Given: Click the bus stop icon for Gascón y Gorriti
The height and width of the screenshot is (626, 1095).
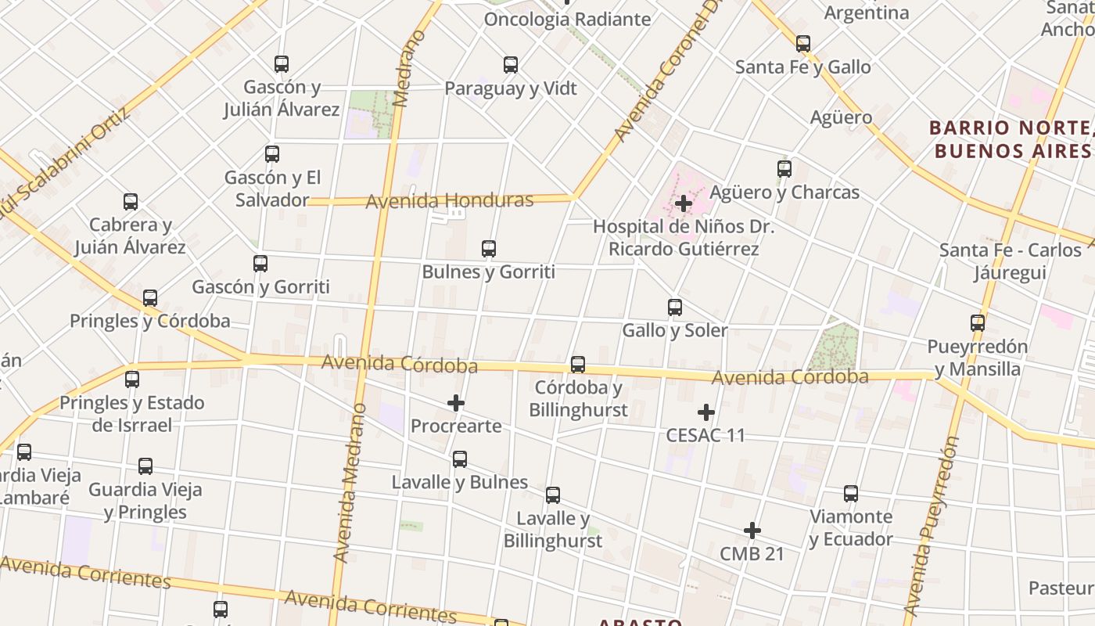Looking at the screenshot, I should [260, 264].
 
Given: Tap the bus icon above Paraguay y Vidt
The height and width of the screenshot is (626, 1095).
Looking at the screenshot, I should [511, 65].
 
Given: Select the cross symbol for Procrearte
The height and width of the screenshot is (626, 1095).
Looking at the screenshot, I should [456, 403].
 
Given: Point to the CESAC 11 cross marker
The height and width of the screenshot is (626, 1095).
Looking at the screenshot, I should [706, 412].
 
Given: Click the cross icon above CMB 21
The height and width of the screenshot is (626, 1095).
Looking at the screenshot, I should [752, 531].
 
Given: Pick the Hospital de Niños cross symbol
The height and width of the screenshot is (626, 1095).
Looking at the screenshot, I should [684, 203].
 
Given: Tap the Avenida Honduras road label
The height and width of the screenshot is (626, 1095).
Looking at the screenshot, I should [450, 201].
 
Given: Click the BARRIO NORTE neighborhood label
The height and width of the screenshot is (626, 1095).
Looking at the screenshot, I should [1011, 139].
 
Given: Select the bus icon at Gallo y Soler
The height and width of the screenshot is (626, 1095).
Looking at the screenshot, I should [675, 308].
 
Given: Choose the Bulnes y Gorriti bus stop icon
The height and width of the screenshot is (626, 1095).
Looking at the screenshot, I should [489, 249].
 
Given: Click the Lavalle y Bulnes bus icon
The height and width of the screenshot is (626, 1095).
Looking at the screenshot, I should [460, 459].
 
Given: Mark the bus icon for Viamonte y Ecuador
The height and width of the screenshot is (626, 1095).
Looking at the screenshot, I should [851, 494].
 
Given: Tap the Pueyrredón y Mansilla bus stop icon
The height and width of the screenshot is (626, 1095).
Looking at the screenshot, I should [978, 323].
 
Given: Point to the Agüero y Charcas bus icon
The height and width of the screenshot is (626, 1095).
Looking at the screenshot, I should [784, 169].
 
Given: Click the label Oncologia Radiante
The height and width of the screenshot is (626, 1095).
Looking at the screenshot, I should [567, 19].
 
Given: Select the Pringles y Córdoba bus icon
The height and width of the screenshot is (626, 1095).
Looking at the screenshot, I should [150, 298].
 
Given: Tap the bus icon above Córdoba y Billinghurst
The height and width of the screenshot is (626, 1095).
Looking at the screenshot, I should [578, 365].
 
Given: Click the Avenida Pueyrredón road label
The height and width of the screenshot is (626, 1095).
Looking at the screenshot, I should [931, 526].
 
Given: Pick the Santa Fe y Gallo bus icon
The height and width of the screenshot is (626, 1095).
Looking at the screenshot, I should [803, 44].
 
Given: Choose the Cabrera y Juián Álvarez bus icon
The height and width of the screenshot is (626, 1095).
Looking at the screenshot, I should [131, 203].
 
